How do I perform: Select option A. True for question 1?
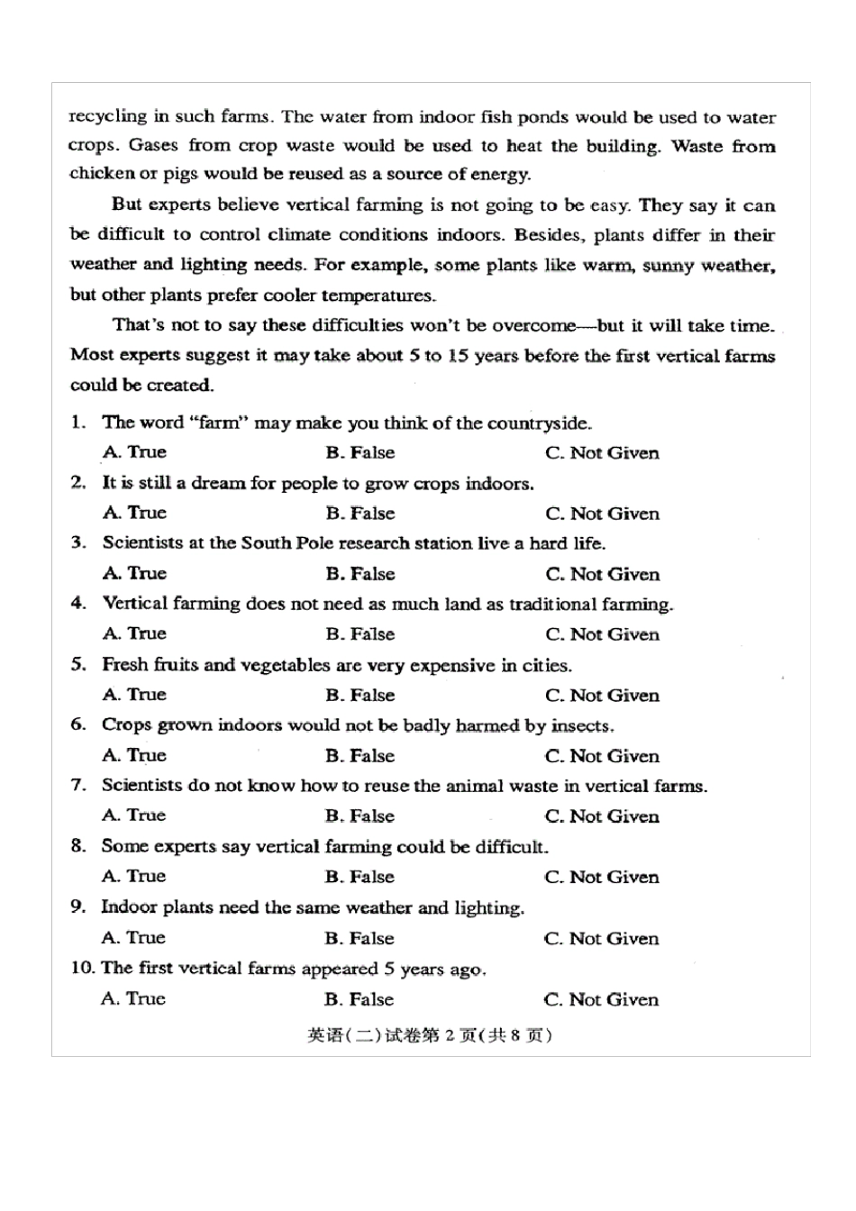[134, 451]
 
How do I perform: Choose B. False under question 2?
[360, 513]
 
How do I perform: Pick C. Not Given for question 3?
[601, 574]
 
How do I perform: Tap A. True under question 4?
[134, 633]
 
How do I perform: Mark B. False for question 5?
[360, 695]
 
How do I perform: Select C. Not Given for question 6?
[601, 756]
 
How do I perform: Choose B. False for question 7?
[360, 816]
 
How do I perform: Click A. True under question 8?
[133, 876]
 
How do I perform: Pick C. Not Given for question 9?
[601, 938]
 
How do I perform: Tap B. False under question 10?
[359, 998]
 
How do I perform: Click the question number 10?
[82, 968]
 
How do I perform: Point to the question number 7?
[78, 785]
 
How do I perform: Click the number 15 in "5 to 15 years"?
[458, 355]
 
